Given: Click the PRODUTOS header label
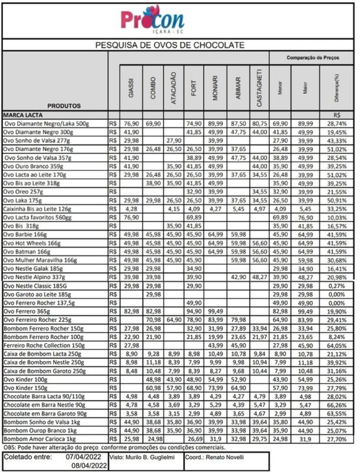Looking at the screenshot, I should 64,106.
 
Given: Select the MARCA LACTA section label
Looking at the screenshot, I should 25,115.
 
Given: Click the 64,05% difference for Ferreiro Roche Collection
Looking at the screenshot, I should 336,345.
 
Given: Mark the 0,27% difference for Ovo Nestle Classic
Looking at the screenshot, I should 336,286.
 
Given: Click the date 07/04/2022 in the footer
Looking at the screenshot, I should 83,457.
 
